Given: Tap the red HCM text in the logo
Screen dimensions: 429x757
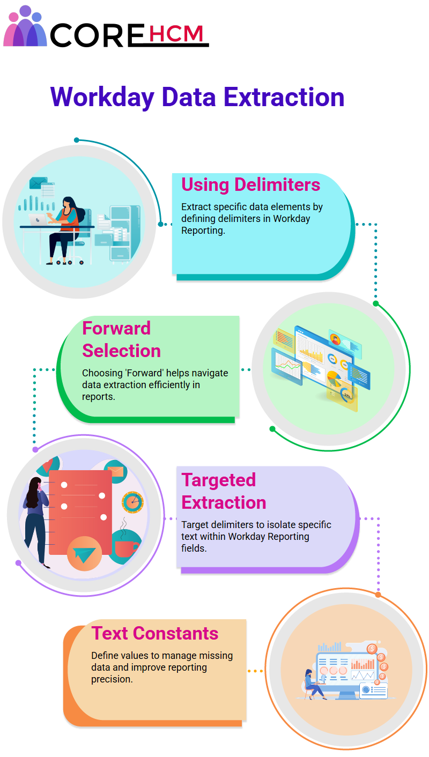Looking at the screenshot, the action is [x=176, y=33].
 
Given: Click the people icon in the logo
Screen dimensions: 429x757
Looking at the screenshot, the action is [x=24, y=26].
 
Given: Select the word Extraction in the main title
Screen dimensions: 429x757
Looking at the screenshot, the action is [x=284, y=97].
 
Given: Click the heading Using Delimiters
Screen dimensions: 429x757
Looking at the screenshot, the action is [x=251, y=184].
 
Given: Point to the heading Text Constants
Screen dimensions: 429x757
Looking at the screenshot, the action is [x=155, y=633].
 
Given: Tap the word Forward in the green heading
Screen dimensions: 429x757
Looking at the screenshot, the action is [x=116, y=328].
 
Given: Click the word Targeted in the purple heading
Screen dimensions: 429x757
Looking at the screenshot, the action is [x=219, y=480].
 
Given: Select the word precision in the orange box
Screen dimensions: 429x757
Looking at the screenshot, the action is [x=111, y=679].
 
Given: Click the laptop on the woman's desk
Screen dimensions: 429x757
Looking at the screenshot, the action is [x=38, y=220].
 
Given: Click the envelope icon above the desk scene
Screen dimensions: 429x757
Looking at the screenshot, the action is [x=38, y=183].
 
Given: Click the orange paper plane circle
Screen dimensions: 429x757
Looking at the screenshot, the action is [x=85, y=554].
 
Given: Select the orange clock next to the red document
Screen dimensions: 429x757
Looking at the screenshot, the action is [x=133, y=502].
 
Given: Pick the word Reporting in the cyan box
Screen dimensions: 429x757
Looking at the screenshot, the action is [x=203, y=231].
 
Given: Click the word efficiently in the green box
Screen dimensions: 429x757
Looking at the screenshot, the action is [x=171, y=384].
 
